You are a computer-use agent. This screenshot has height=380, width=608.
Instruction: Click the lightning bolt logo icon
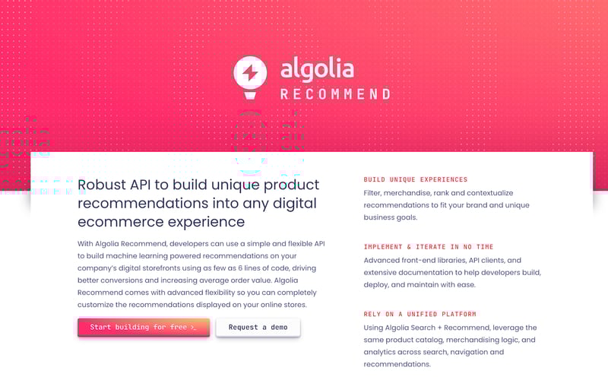click(250, 74)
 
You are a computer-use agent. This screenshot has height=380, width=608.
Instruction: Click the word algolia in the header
click(317, 69)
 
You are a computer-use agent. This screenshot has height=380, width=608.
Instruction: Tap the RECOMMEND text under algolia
click(335, 94)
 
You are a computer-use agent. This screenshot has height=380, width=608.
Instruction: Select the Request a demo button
click(258, 327)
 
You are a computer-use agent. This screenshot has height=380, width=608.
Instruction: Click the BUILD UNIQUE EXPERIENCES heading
click(416, 180)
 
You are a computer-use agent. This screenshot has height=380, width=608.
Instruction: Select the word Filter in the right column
click(375, 193)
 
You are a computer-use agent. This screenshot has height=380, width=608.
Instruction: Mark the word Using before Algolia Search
click(376, 328)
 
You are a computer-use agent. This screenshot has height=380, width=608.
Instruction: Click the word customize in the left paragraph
click(98, 305)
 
